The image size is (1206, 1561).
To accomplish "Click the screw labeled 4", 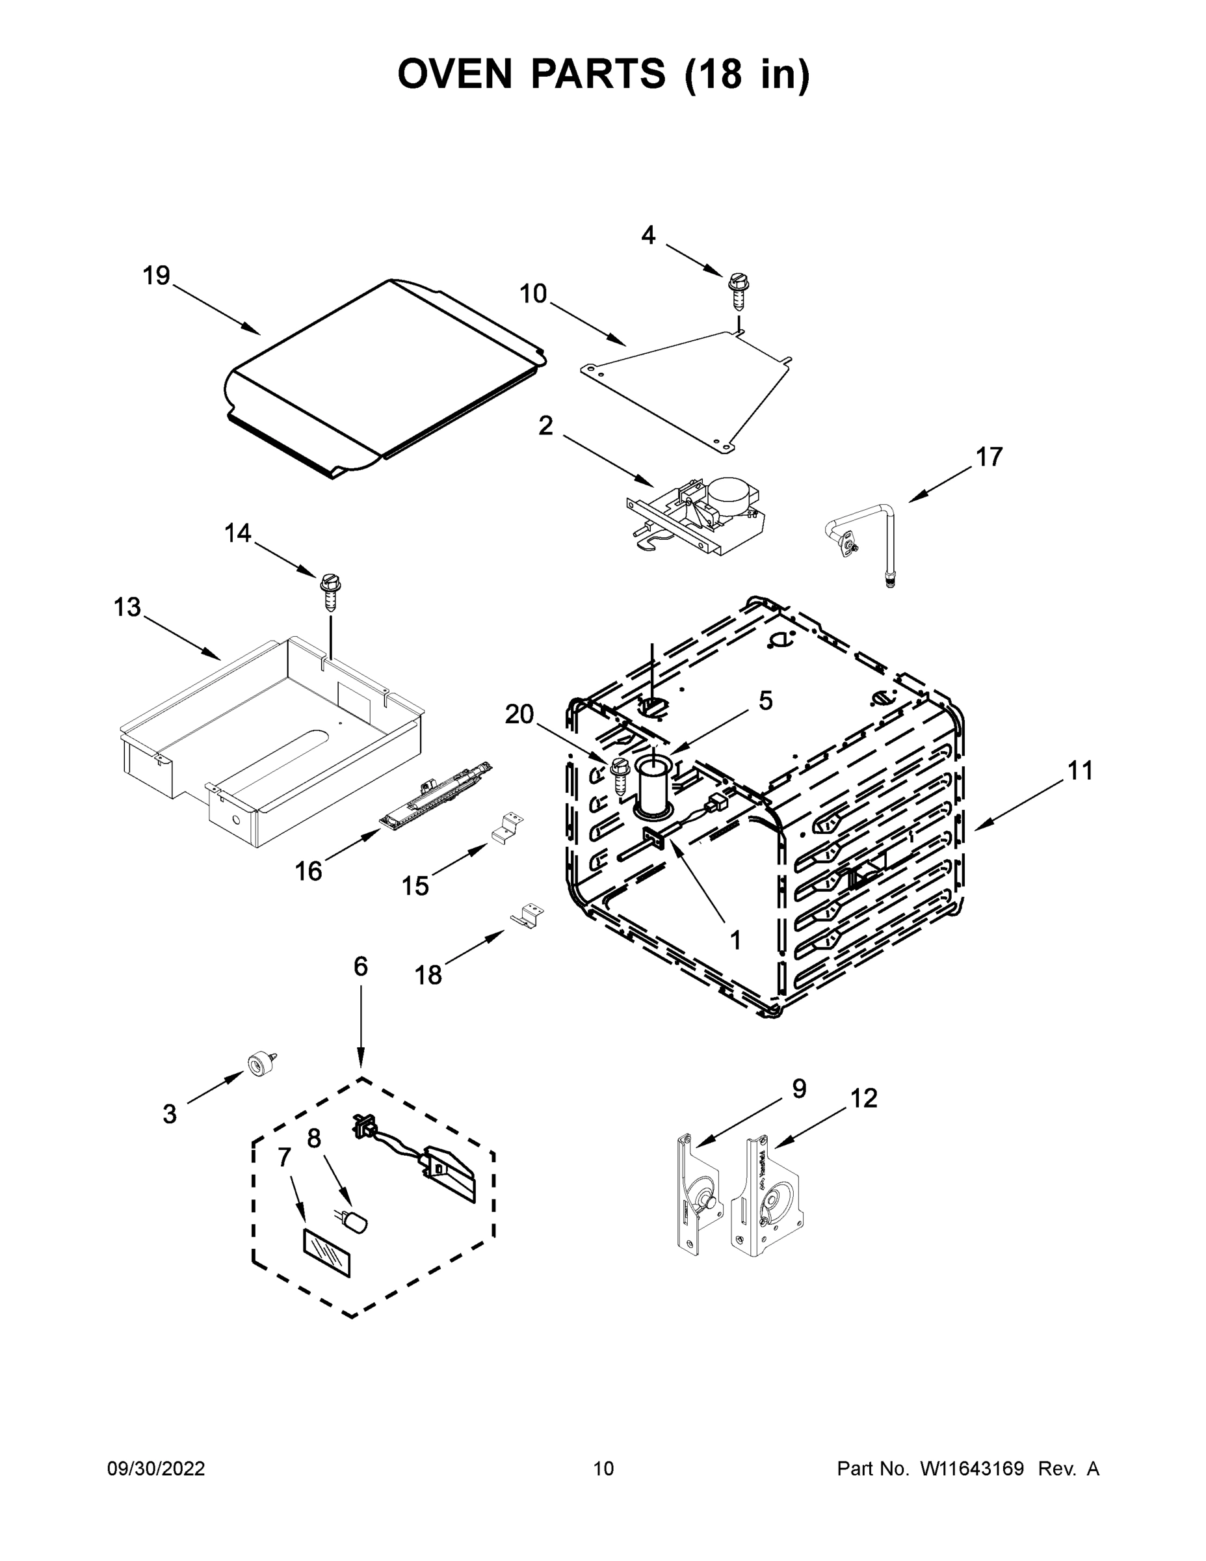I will [738, 289].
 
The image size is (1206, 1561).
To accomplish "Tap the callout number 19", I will [157, 275].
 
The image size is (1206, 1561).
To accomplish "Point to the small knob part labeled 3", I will [260, 1063].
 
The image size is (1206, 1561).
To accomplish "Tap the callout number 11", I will [1081, 771].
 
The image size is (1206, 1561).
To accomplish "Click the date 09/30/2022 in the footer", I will [156, 1469].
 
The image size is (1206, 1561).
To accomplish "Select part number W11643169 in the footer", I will [972, 1469].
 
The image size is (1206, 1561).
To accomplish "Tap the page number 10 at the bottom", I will [604, 1469].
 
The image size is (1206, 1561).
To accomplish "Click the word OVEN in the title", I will [455, 74].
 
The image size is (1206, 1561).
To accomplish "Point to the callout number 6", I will [361, 967].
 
